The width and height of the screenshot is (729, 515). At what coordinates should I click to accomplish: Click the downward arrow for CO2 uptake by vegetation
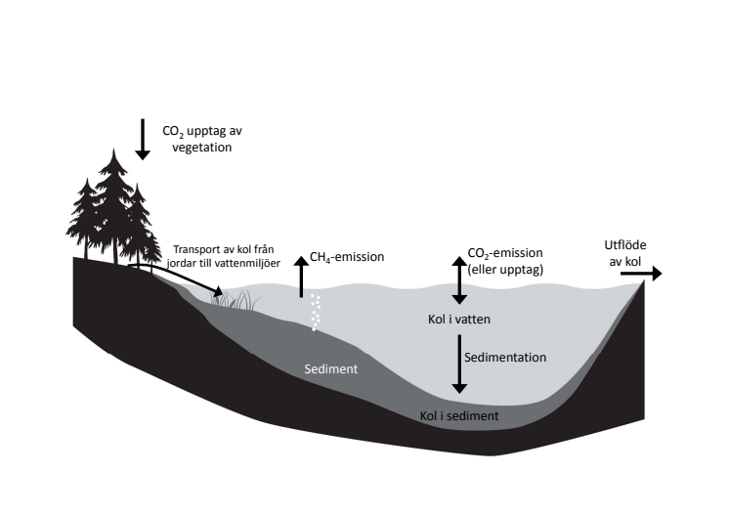[x=143, y=139]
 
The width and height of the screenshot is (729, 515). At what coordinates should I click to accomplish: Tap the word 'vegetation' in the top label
[x=201, y=148]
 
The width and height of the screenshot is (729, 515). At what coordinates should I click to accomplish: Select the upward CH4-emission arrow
[x=301, y=277]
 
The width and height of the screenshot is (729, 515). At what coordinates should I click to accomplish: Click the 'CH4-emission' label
[x=347, y=257]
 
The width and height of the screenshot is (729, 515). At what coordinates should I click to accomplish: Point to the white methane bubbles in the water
[x=316, y=313]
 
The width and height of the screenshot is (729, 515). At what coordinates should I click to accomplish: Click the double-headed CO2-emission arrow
[x=459, y=280]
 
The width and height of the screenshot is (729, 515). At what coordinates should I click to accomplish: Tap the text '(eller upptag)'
[x=505, y=270]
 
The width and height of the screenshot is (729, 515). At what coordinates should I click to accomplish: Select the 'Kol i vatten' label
[x=459, y=320]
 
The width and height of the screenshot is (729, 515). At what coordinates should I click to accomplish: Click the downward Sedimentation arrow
[x=459, y=364]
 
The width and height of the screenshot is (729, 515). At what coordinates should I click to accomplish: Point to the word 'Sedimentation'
[x=505, y=358]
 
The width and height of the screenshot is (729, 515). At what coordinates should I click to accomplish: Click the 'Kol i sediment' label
[x=459, y=415]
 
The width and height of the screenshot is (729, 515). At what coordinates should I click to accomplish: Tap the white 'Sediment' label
[x=331, y=369]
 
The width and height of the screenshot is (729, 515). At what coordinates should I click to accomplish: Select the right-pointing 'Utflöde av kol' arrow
[x=641, y=274]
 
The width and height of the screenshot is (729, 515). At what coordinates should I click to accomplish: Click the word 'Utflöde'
[x=625, y=245]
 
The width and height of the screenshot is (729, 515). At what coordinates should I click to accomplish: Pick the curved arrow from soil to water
[x=176, y=278]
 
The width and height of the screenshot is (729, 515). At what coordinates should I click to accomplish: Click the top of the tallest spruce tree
[x=114, y=150]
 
